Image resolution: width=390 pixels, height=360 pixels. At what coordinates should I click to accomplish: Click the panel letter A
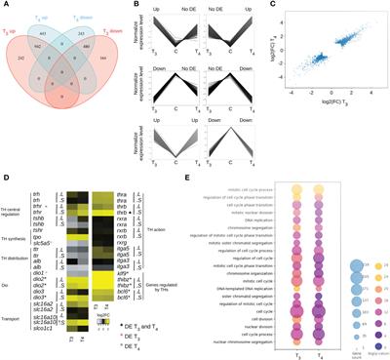coord(5,5)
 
